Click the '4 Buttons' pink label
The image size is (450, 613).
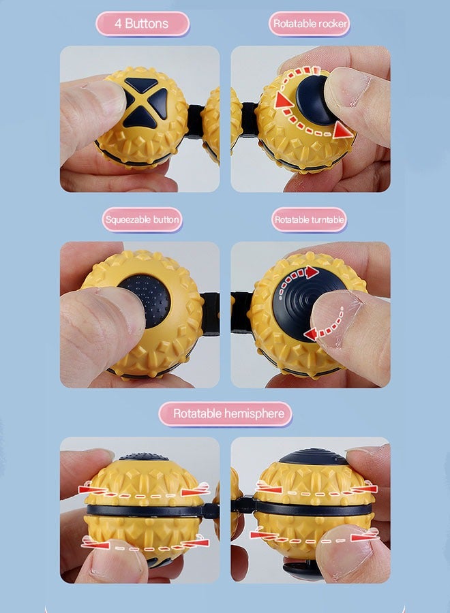click(142, 24)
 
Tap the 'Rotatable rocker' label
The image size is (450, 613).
click(310, 24)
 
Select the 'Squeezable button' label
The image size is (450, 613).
click(142, 220)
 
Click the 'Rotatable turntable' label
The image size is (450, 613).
click(309, 220)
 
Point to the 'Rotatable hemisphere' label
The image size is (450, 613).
click(226, 413)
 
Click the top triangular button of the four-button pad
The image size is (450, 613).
click(141, 84)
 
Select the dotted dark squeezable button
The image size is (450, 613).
click(147, 300)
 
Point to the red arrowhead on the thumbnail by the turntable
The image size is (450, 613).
click(311, 334)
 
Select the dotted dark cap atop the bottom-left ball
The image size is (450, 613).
click(144, 456)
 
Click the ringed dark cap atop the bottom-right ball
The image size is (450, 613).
click(313, 456)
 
